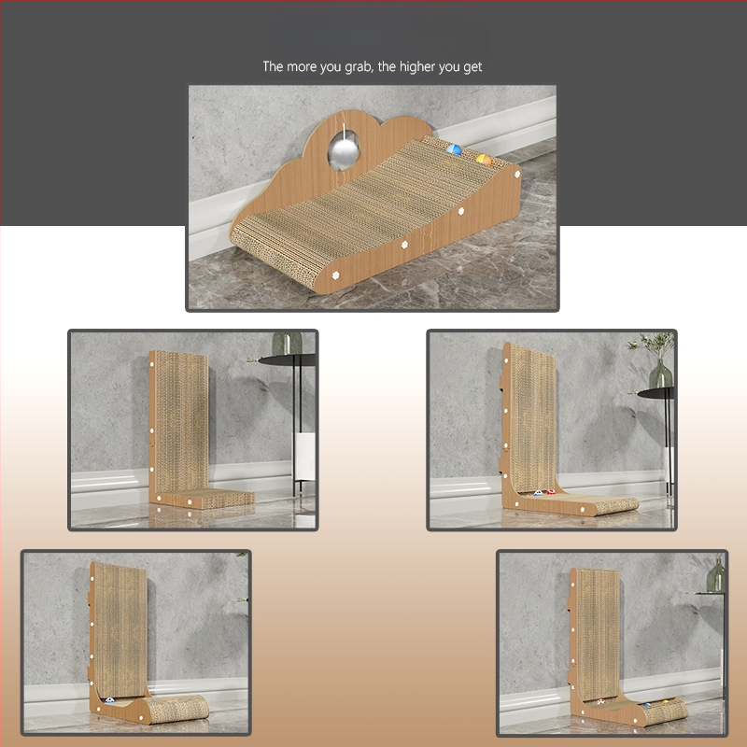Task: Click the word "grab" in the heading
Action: pos(359,67)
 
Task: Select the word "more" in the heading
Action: pos(302,66)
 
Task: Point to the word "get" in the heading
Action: pos(472,68)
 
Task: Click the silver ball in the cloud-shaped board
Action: pos(343,151)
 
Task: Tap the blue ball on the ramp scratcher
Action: pos(454,149)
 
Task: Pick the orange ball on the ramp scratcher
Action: pos(484,160)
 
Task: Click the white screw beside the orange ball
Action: pos(517,175)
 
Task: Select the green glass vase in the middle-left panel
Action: pos(287,343)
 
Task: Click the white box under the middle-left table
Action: pos(304,456)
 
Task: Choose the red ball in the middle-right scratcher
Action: pos(551,492)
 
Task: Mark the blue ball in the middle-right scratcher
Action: pos(538,493)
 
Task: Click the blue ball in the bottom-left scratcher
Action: pos(109,700)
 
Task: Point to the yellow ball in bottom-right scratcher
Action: pos(665,702)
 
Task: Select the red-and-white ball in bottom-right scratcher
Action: pos(601,701)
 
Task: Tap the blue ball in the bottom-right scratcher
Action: pos(647,705)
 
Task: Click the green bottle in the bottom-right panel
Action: pos(715,575)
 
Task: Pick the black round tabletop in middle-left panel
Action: pos(288,359)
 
